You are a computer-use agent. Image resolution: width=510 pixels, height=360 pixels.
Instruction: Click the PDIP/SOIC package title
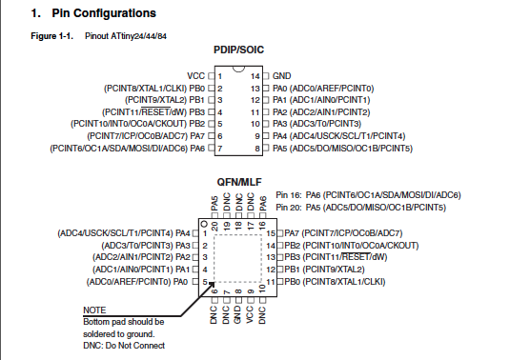238,50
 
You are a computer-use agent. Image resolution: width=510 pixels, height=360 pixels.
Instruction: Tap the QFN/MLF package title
239,182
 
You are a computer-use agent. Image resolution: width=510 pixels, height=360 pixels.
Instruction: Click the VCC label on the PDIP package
195,76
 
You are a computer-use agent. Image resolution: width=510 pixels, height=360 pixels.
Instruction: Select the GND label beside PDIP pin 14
281,76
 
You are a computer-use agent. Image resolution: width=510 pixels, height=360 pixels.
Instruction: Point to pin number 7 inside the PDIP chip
220,149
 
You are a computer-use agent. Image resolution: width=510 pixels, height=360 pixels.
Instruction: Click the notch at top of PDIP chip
238,69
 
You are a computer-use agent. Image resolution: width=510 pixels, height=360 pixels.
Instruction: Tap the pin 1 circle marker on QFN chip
204,224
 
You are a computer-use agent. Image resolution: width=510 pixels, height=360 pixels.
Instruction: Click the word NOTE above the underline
94,310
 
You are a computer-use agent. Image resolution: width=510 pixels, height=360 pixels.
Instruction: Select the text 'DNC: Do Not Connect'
124,346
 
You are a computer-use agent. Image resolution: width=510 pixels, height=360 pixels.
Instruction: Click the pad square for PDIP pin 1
212,76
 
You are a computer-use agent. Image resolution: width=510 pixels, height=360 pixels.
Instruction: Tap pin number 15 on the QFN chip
271,233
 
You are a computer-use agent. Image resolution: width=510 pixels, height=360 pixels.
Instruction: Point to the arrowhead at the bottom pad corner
213,284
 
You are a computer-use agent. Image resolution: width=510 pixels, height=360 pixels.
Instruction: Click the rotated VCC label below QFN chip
250,314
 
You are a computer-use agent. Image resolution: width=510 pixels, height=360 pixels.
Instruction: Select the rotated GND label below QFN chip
237,314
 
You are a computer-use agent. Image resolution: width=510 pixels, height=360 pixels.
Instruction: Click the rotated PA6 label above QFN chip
263,204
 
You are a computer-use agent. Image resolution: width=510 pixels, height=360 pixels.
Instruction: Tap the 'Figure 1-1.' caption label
52,36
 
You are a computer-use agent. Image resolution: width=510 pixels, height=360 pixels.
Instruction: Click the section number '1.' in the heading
35,13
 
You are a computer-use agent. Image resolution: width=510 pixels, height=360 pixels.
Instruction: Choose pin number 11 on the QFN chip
271,282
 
